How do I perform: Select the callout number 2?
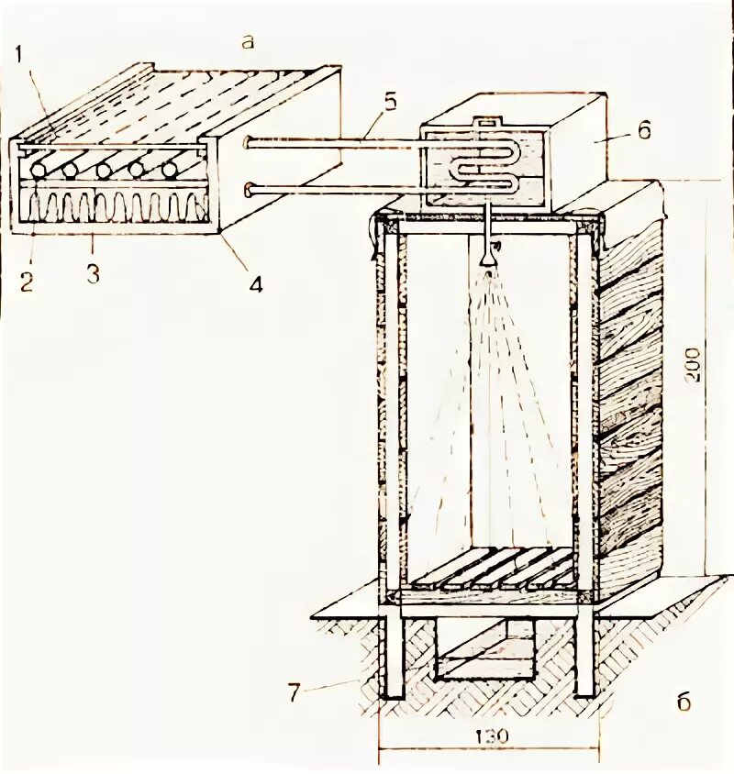point(25,281)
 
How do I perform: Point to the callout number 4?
point(254,284)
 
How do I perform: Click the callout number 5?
point(389,102)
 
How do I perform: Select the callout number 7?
point(293,691)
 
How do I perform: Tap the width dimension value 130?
point(491,737)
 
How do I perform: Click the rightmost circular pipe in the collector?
point(169,171)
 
